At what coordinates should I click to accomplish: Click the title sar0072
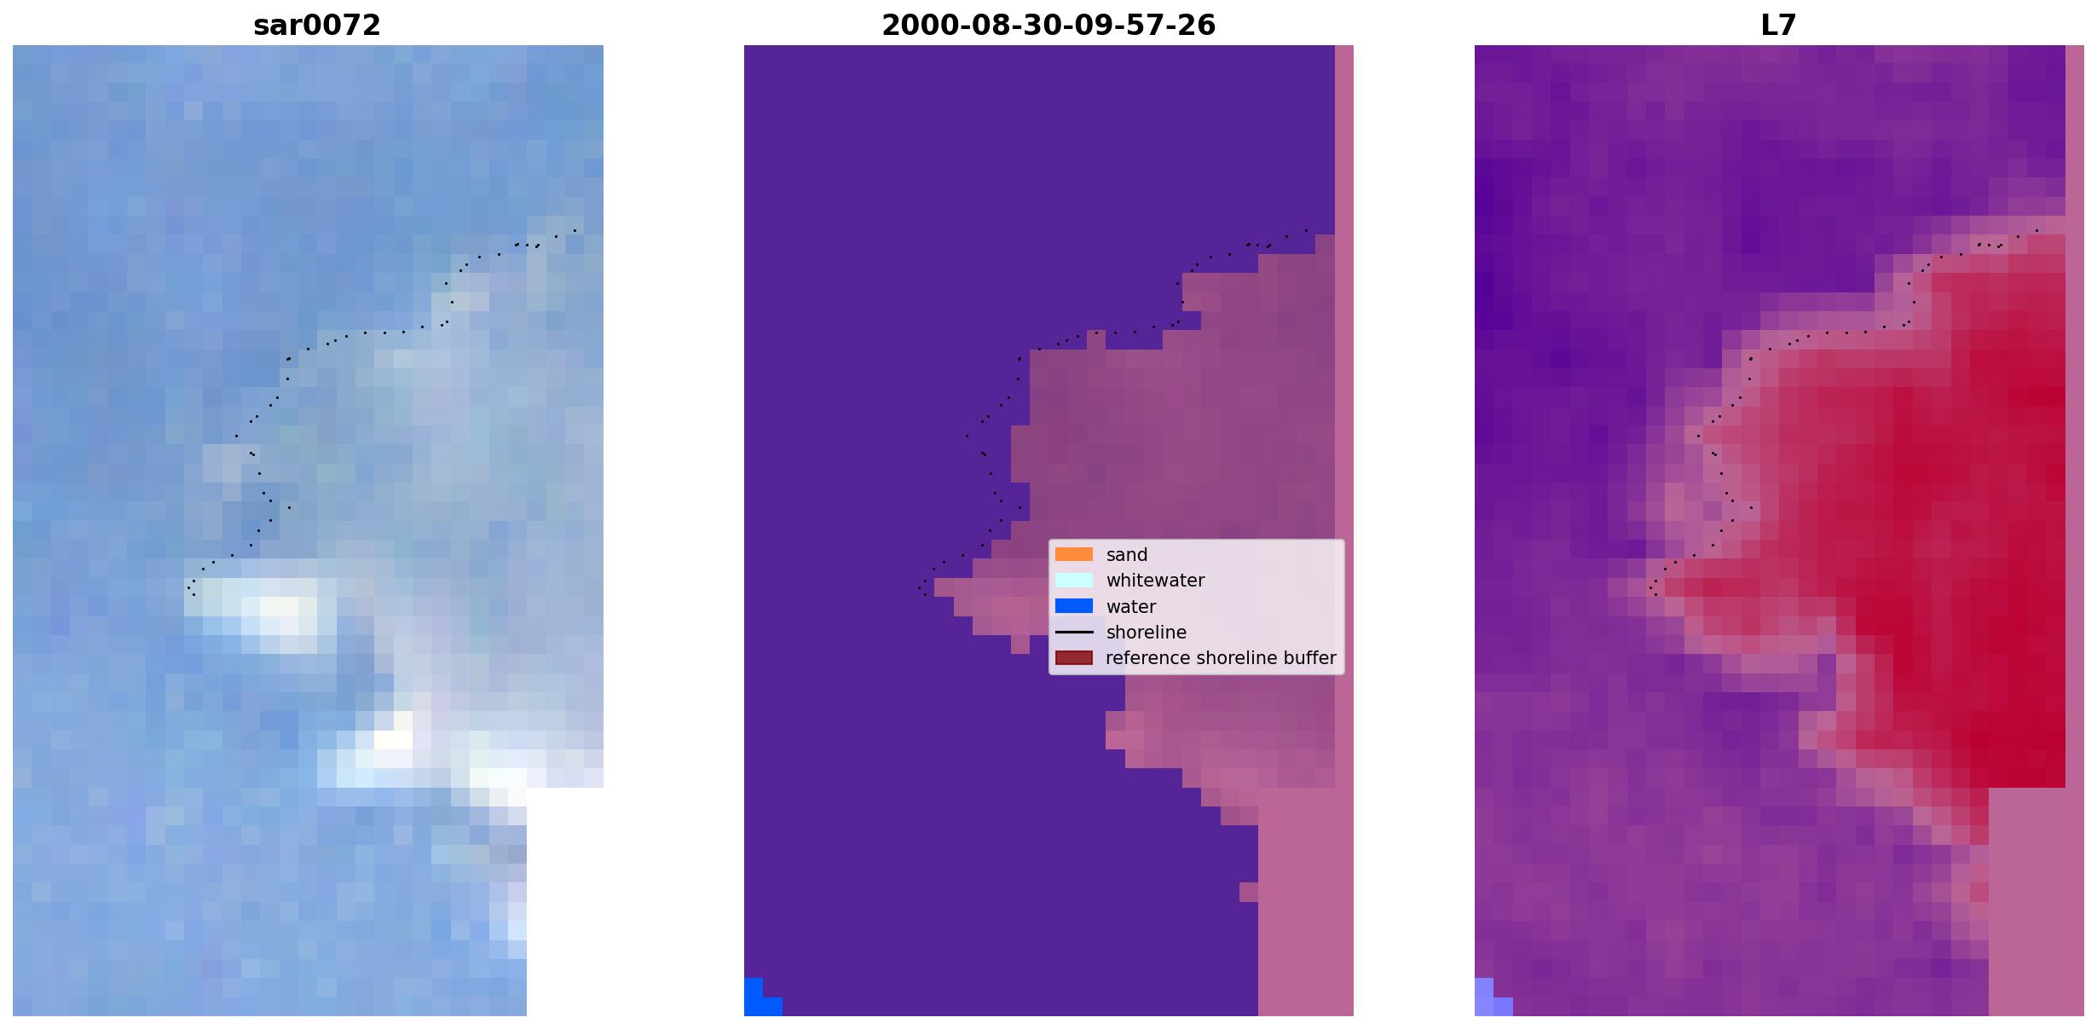[316, 26]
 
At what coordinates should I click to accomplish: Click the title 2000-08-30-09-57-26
[1048, 26]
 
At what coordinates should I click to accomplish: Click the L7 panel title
[1779, 26]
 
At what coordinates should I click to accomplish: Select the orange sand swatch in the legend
[1074, 554]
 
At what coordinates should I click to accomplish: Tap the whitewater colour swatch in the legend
[1074, 581]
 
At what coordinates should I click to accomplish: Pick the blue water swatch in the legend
[1074, 606]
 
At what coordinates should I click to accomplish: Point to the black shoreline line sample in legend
[1074, 633]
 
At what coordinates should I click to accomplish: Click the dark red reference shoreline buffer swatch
[1074, 658]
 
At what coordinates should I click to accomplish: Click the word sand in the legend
[1127, 555]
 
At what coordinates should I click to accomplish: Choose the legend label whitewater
[1155, 581]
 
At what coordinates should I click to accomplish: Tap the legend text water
[1131, 607]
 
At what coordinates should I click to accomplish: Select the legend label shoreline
[1147, 633]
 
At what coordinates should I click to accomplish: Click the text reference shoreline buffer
[1221, 658]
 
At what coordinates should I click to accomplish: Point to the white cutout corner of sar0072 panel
[565, 902]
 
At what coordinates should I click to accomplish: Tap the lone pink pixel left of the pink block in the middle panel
[1249, 892]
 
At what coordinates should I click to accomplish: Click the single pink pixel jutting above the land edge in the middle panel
[1096, 339]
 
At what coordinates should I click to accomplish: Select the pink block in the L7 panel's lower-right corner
[2036, 902]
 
